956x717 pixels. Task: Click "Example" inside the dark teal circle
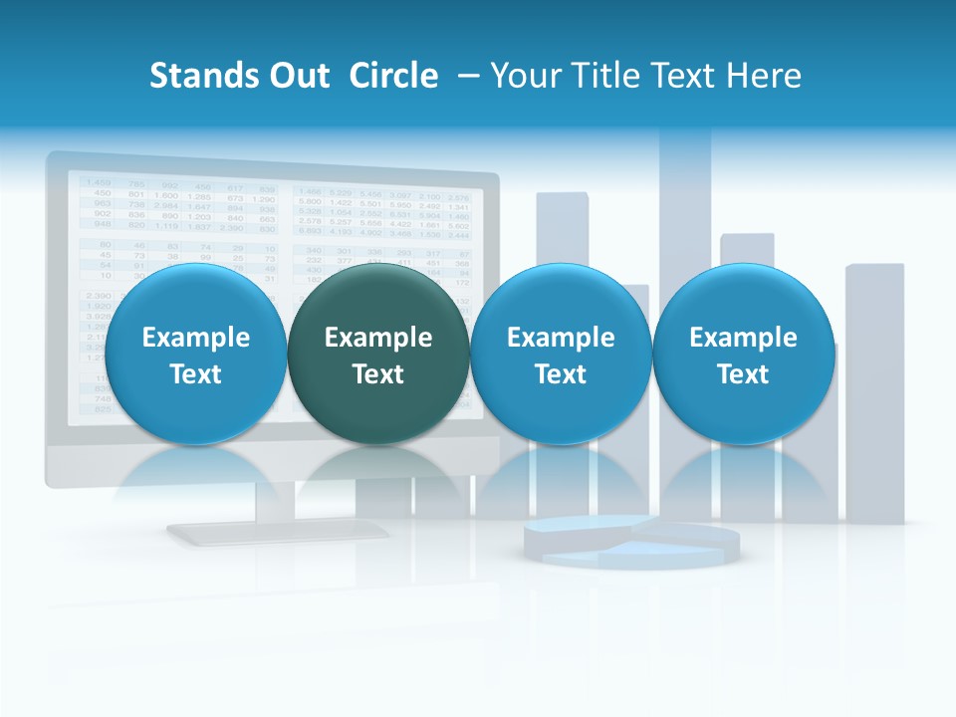[378, 338]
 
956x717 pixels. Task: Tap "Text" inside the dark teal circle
[378, 374]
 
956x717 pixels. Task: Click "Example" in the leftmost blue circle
[196, 338]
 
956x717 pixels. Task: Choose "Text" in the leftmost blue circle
[196, 374]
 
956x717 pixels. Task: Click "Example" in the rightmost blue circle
[744, 338]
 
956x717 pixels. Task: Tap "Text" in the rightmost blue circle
[744, 374]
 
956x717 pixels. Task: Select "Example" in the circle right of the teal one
[561, 338]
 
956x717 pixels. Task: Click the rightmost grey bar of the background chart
[875, 398]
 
